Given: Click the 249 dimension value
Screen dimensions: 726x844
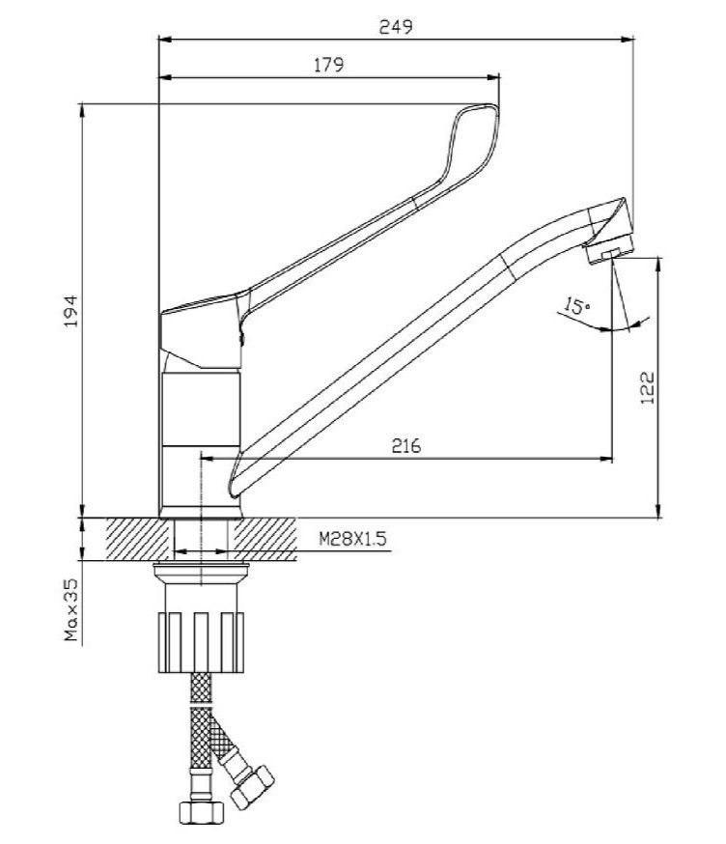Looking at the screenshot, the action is coord(396,26).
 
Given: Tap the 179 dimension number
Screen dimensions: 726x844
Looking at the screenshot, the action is coord(328,65).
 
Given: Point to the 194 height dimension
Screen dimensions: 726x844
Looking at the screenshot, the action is coord(71,311).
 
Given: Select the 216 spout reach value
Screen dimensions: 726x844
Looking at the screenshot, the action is coord(406,446).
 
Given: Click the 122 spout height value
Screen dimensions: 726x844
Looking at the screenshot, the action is coord(648,388).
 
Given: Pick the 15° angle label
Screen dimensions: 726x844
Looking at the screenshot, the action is coord(575,306).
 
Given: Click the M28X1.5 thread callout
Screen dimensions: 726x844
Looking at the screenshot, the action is coord(352,539).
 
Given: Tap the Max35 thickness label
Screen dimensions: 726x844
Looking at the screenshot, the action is coord(71,610).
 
